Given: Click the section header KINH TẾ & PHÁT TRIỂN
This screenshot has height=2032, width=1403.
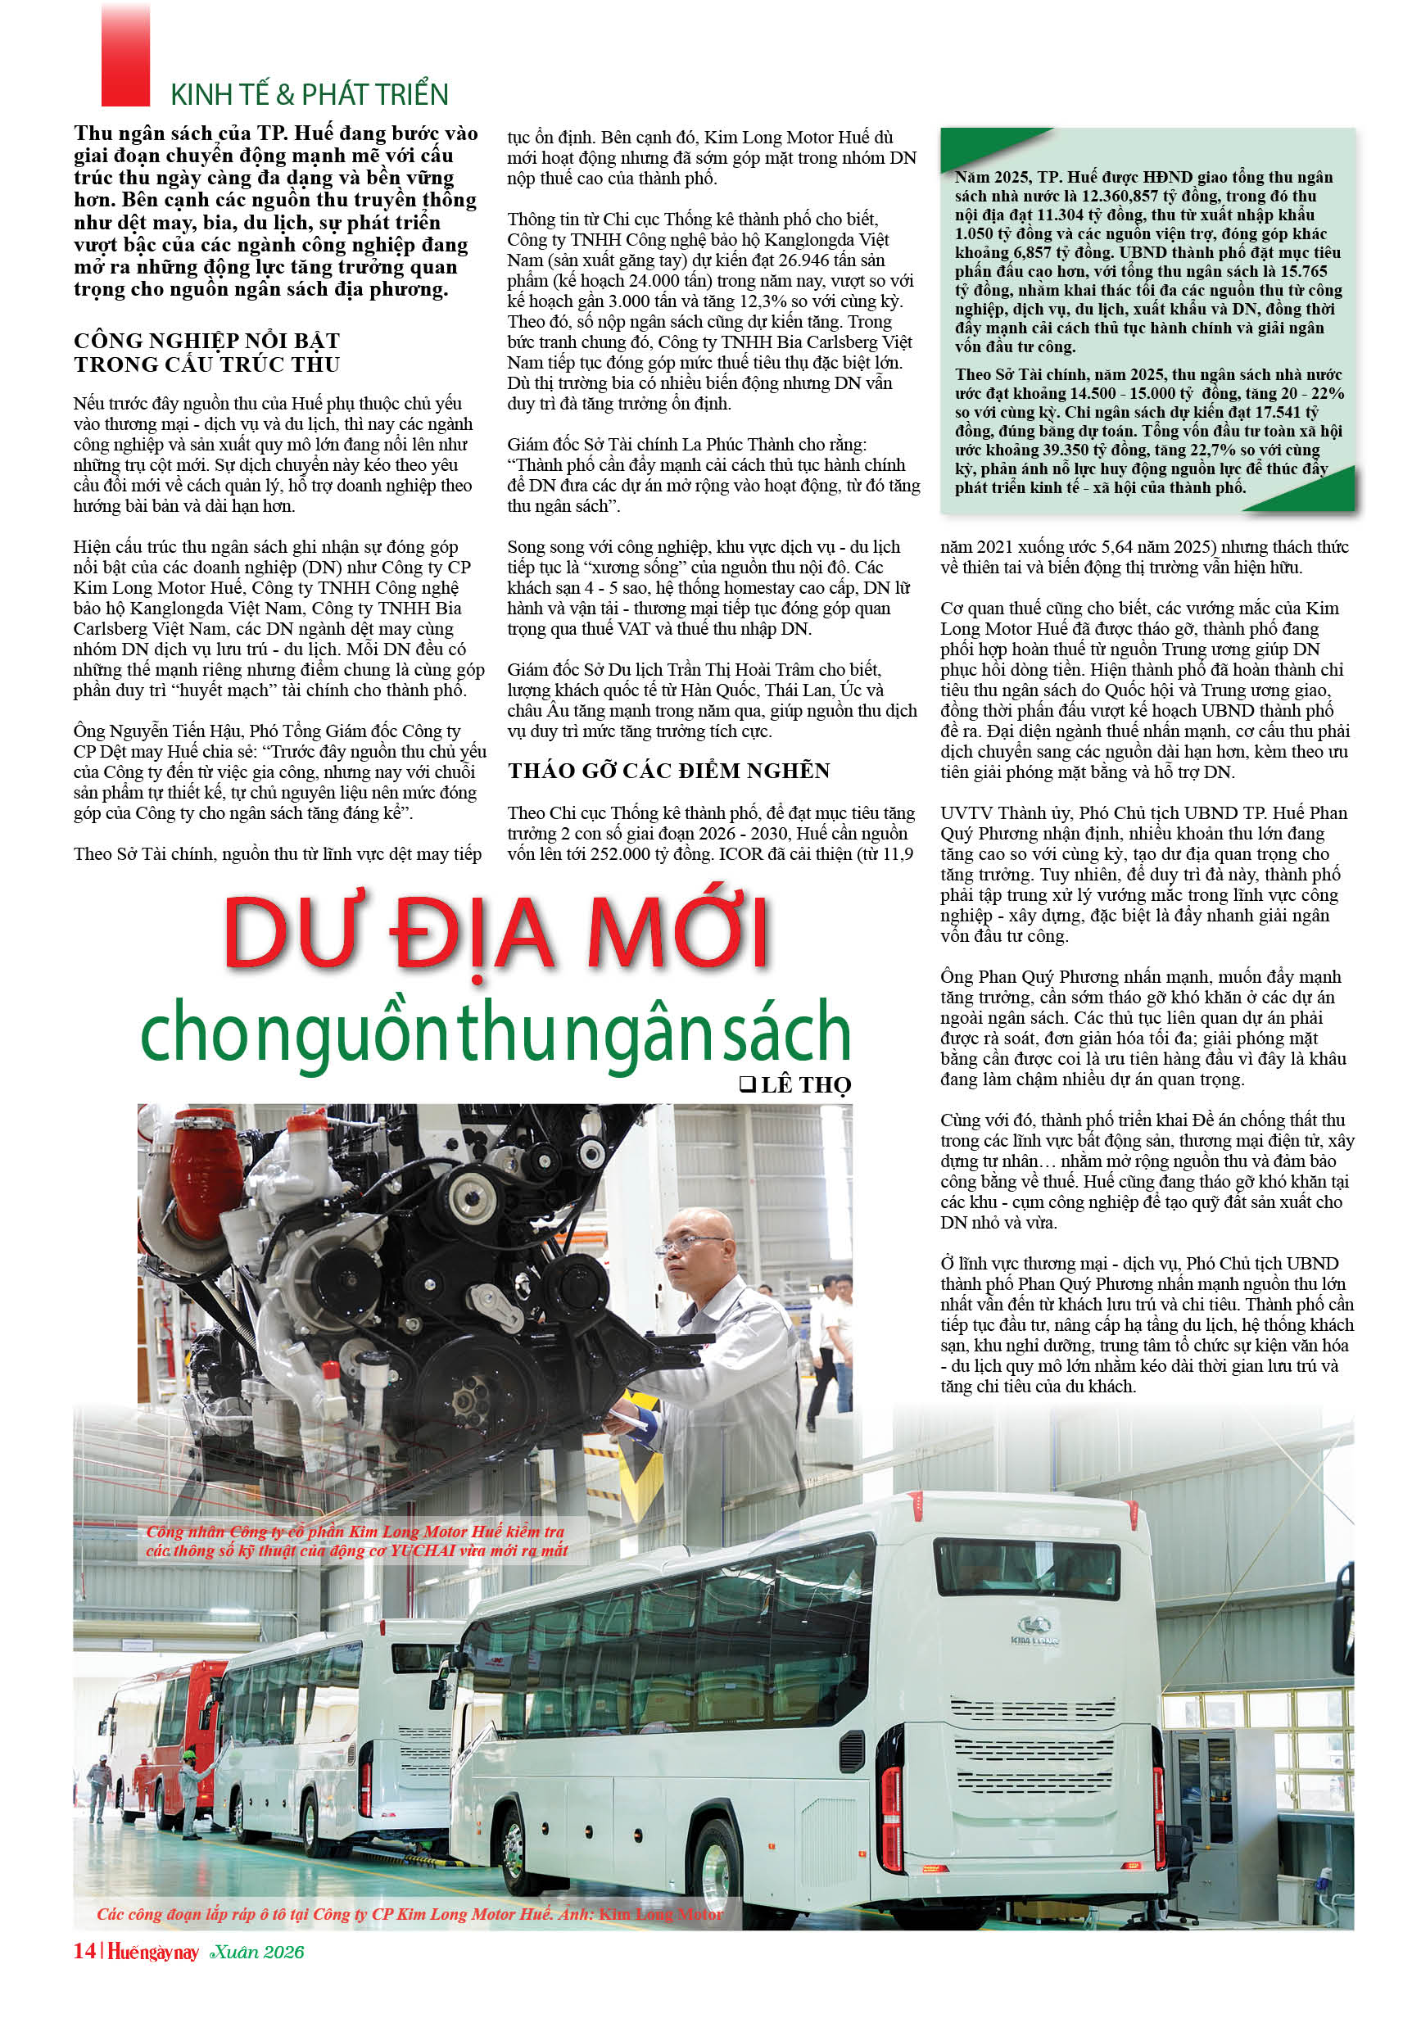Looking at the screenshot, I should coord(309,94).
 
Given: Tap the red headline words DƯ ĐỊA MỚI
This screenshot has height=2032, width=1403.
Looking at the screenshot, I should coord(496,934).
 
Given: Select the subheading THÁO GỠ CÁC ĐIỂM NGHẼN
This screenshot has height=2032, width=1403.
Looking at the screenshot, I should coord(668,771).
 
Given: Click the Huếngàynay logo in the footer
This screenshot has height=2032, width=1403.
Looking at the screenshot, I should coord(153,1952).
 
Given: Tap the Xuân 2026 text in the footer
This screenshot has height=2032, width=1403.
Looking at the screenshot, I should coord(256,1952).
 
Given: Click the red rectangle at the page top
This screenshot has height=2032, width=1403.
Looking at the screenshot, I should coord(125,52).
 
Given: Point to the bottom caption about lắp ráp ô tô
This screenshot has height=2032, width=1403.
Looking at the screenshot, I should coord(409,1913).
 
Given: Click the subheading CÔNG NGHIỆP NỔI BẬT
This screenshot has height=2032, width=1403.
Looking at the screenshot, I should coord(206,341).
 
